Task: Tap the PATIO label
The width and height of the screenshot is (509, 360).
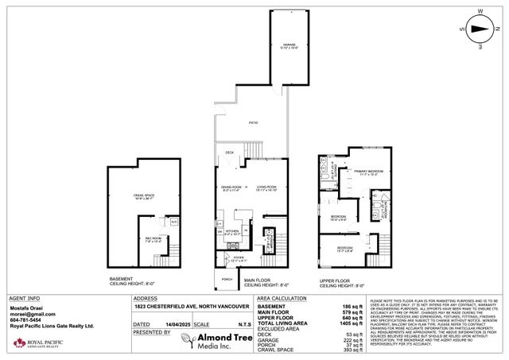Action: coord(252,123)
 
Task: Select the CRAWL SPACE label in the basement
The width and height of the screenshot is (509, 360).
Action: coord(143,196)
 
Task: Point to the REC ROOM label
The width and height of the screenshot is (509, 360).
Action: coord(153,239)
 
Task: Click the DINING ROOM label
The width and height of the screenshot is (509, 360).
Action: coord(230,188)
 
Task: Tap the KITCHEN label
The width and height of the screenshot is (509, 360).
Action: coord(231,234)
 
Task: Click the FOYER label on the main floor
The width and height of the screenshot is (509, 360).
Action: coord(239,258)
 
